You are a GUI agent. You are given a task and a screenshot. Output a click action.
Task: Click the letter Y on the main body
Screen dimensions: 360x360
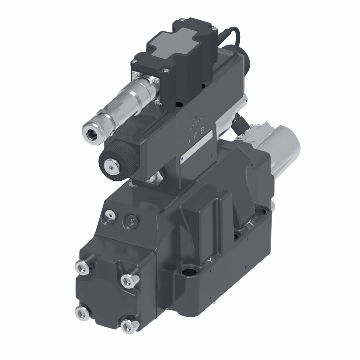209,260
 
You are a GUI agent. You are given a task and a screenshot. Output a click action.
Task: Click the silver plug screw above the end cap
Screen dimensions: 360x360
109,215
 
